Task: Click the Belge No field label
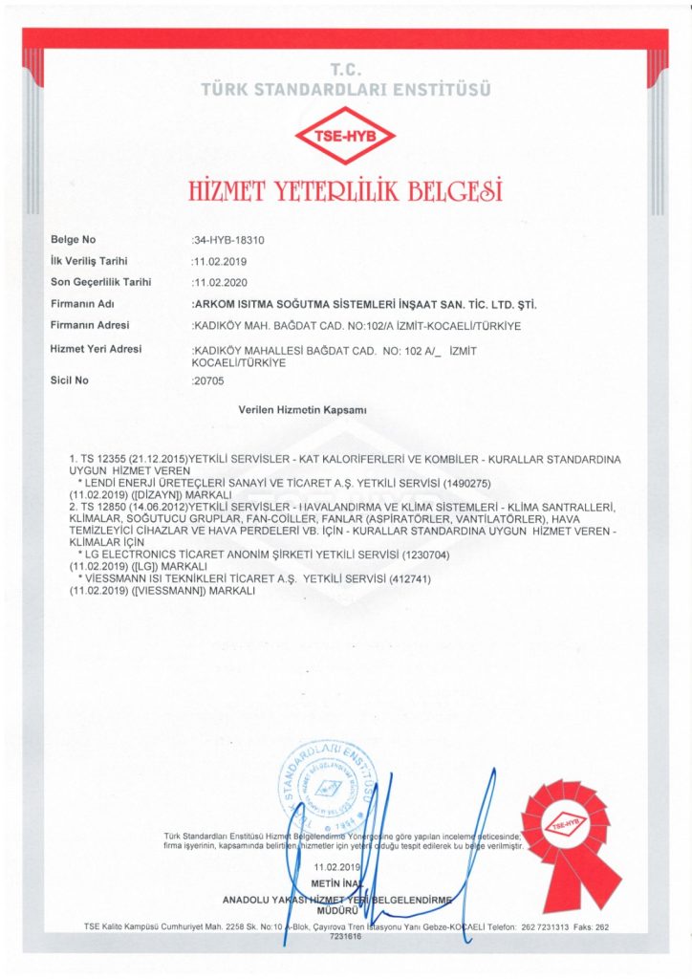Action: tap(74, 239)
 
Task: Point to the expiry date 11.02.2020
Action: tap(221, 282)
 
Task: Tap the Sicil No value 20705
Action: tap(209, 381)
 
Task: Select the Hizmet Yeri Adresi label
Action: tap(96, 349)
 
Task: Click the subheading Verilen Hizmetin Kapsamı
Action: tap(302, 409)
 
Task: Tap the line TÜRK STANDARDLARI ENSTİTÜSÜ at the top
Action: tap(346, 90)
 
